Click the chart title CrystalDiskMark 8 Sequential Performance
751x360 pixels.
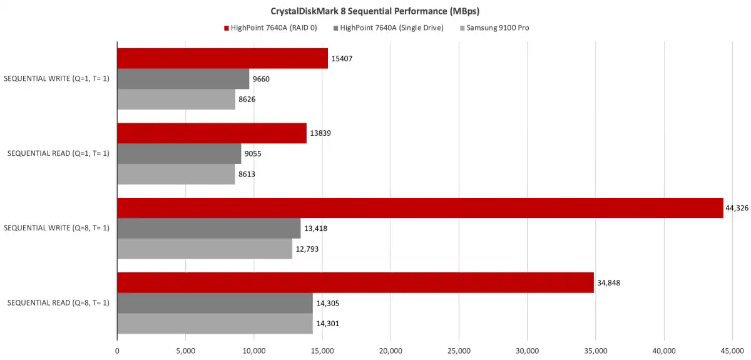pos(375,11)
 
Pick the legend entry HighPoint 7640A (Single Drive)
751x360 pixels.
pos(389,28)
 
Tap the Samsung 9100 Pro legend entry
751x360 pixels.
pos(498,28)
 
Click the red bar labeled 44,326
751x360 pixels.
pos(420,208)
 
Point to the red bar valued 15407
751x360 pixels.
pos(222,58)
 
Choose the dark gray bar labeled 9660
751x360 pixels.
pos(183,79)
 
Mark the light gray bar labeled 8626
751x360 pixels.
pos(176,99)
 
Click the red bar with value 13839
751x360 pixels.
pos(212,133)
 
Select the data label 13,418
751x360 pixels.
pos(315,229)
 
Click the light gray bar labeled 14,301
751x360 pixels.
pos(215,324)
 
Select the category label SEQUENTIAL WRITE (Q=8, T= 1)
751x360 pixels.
pos(57,228)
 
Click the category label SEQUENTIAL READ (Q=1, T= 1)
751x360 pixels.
pos(58,153)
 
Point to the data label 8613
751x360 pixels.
pos(247,174)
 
